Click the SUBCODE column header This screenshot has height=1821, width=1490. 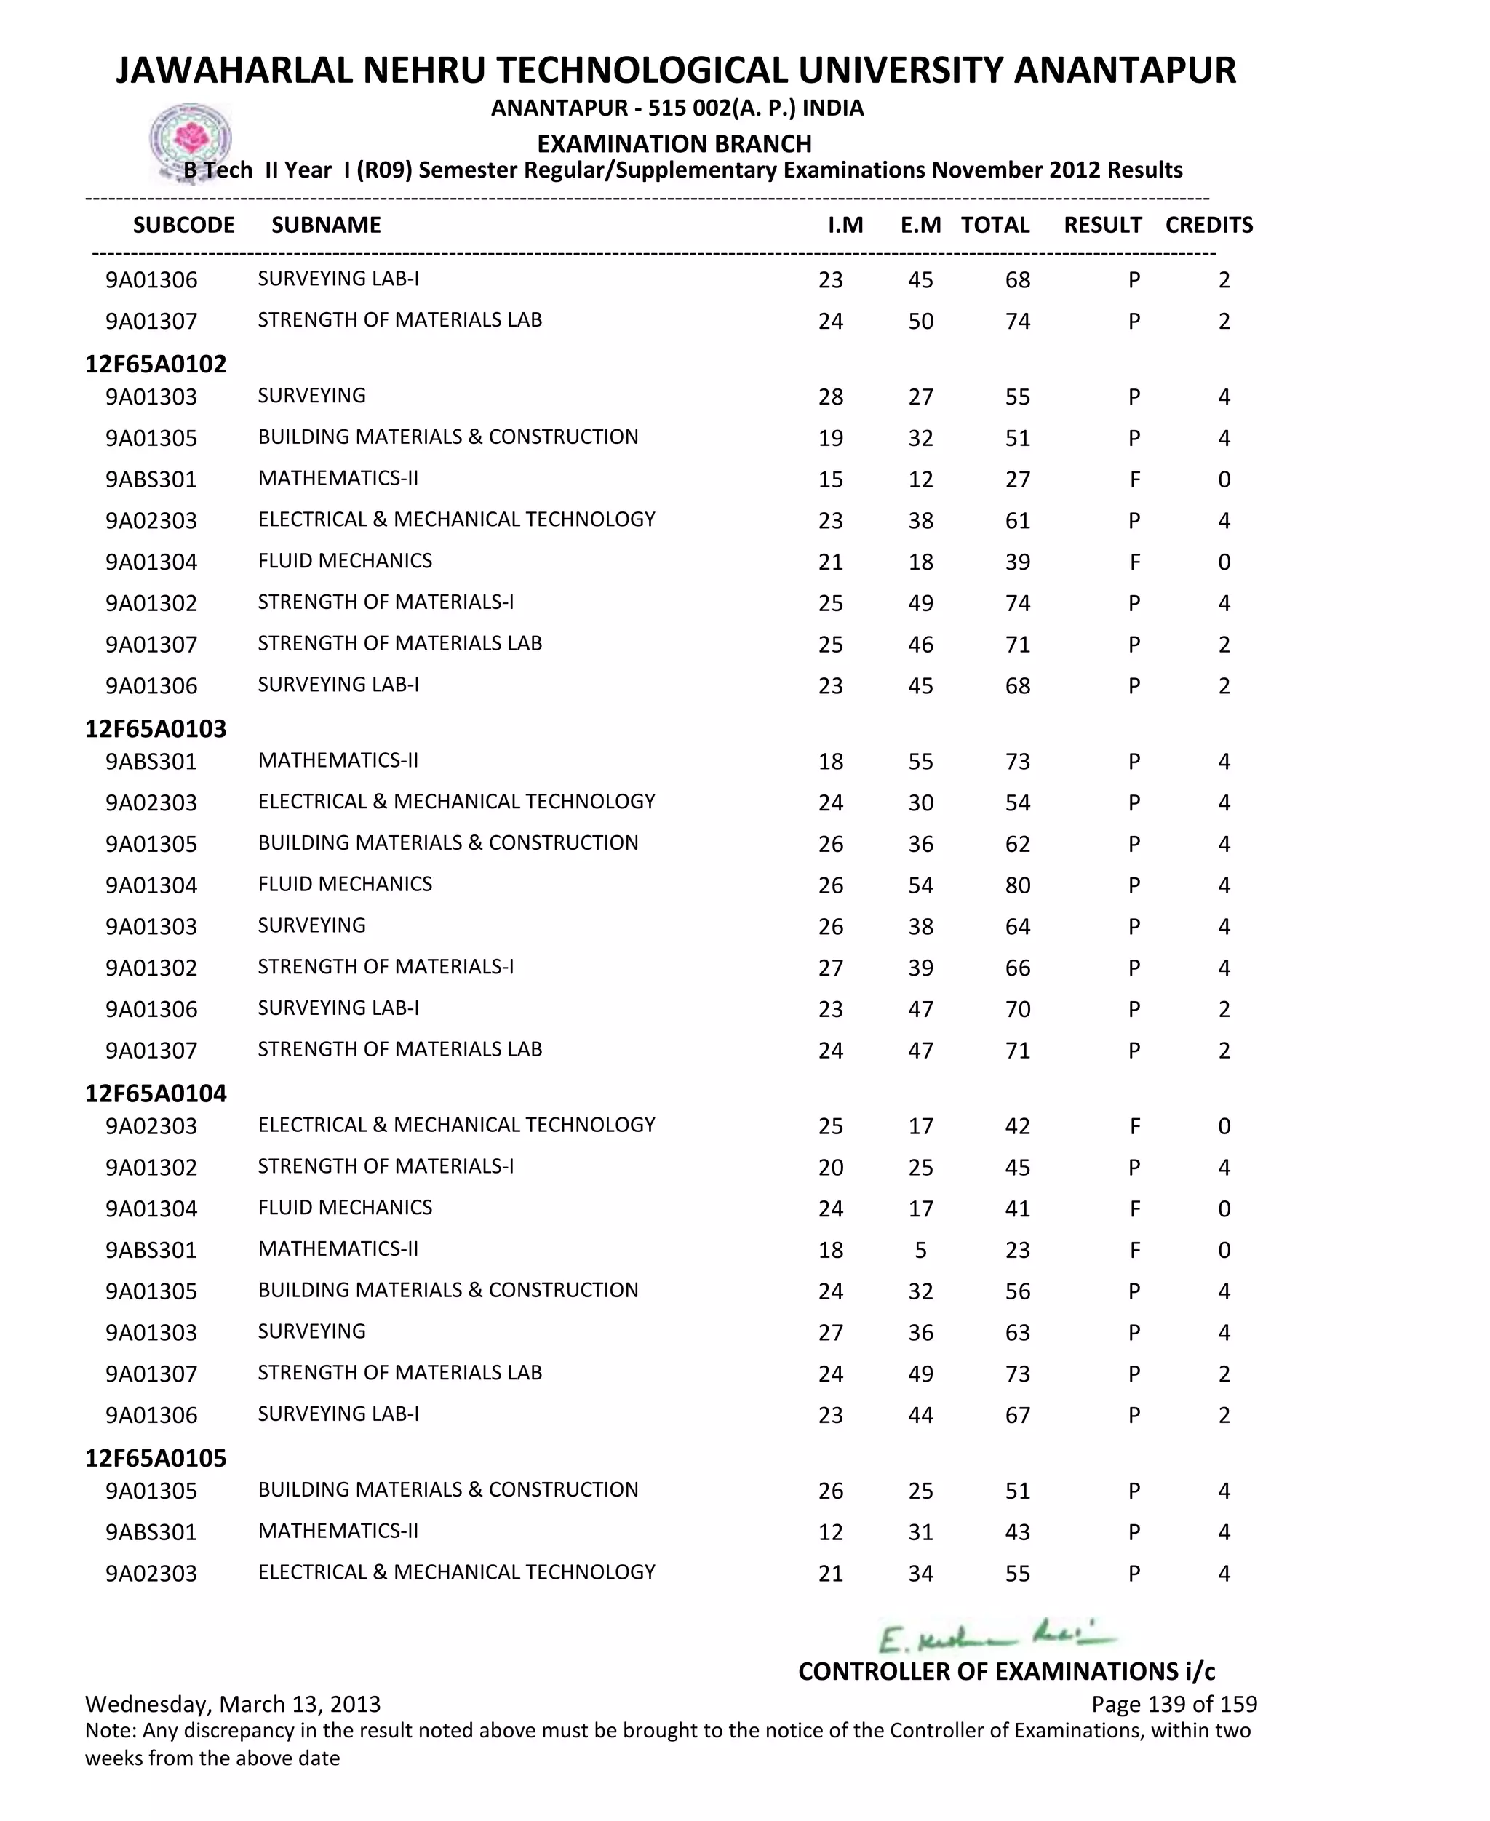(183, 225)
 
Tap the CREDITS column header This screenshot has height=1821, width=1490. (1208, 225)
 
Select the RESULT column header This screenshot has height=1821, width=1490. (1102, 225)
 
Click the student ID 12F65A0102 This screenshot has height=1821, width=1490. (156, 364)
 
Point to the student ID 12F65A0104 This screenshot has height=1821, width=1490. (156, 1093)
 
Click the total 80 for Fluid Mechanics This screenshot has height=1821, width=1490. (1017, 885)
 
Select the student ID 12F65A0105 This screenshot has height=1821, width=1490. (156, 1458)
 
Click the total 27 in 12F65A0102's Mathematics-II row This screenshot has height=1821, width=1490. (1017, 479)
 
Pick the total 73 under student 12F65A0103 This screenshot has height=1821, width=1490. (1017, 761)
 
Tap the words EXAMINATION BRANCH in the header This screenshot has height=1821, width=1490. (674, 143)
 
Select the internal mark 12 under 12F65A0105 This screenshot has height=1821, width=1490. (830, 1531)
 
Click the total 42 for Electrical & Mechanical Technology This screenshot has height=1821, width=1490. (1017, 1126)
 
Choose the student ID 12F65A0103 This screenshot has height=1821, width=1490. (156, 728)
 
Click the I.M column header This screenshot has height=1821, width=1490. (845, 225)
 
